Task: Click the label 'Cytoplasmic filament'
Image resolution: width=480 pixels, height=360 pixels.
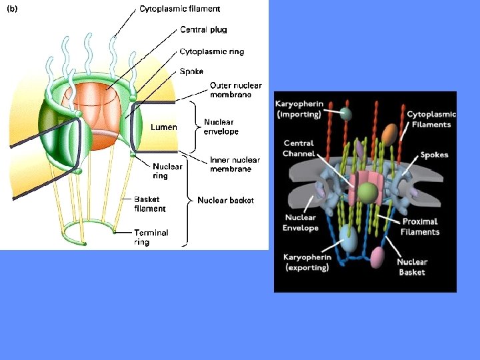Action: (x=179, y=9)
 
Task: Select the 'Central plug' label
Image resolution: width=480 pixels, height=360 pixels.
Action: (x=203, y=29)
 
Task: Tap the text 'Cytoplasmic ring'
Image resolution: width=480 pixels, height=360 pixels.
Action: (x=211, y=51)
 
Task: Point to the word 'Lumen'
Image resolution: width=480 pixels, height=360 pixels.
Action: (x=163, y=127)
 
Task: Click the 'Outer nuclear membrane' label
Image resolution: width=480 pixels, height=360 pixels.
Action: (x=235, y=90)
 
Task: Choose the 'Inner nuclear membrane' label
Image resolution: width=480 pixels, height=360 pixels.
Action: (x=235, y=165)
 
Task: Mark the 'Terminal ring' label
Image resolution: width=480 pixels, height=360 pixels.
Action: (x=151, y=237)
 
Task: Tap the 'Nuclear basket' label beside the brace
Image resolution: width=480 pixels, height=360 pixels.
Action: (x=225, y=199)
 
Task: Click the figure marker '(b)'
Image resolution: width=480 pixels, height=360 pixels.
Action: (x=13, y=9)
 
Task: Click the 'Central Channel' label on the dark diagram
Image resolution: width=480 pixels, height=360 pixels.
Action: (x=299, y=149)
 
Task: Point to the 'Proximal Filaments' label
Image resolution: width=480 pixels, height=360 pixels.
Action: (x=420, y=227)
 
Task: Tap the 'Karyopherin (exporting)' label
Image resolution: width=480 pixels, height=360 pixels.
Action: (x=307, y=262)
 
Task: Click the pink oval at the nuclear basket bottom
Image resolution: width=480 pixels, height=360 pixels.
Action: (x=377, y=257)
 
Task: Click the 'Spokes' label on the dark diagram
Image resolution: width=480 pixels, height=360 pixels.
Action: (x=434, y=155)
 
